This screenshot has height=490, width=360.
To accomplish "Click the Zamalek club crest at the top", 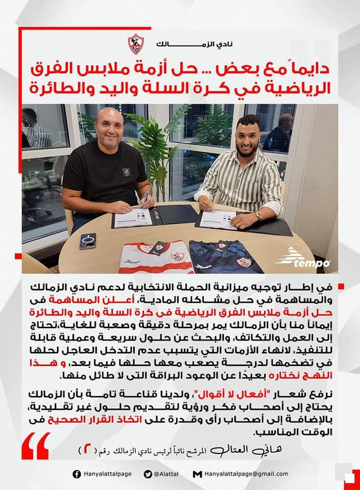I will point(136,44).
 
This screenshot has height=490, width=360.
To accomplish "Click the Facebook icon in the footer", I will point(76,474).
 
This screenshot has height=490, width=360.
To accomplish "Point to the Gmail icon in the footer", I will point(196,474).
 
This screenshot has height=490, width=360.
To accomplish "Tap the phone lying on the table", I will point(88,241).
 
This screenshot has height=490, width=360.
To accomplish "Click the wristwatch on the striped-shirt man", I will point(259,215).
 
